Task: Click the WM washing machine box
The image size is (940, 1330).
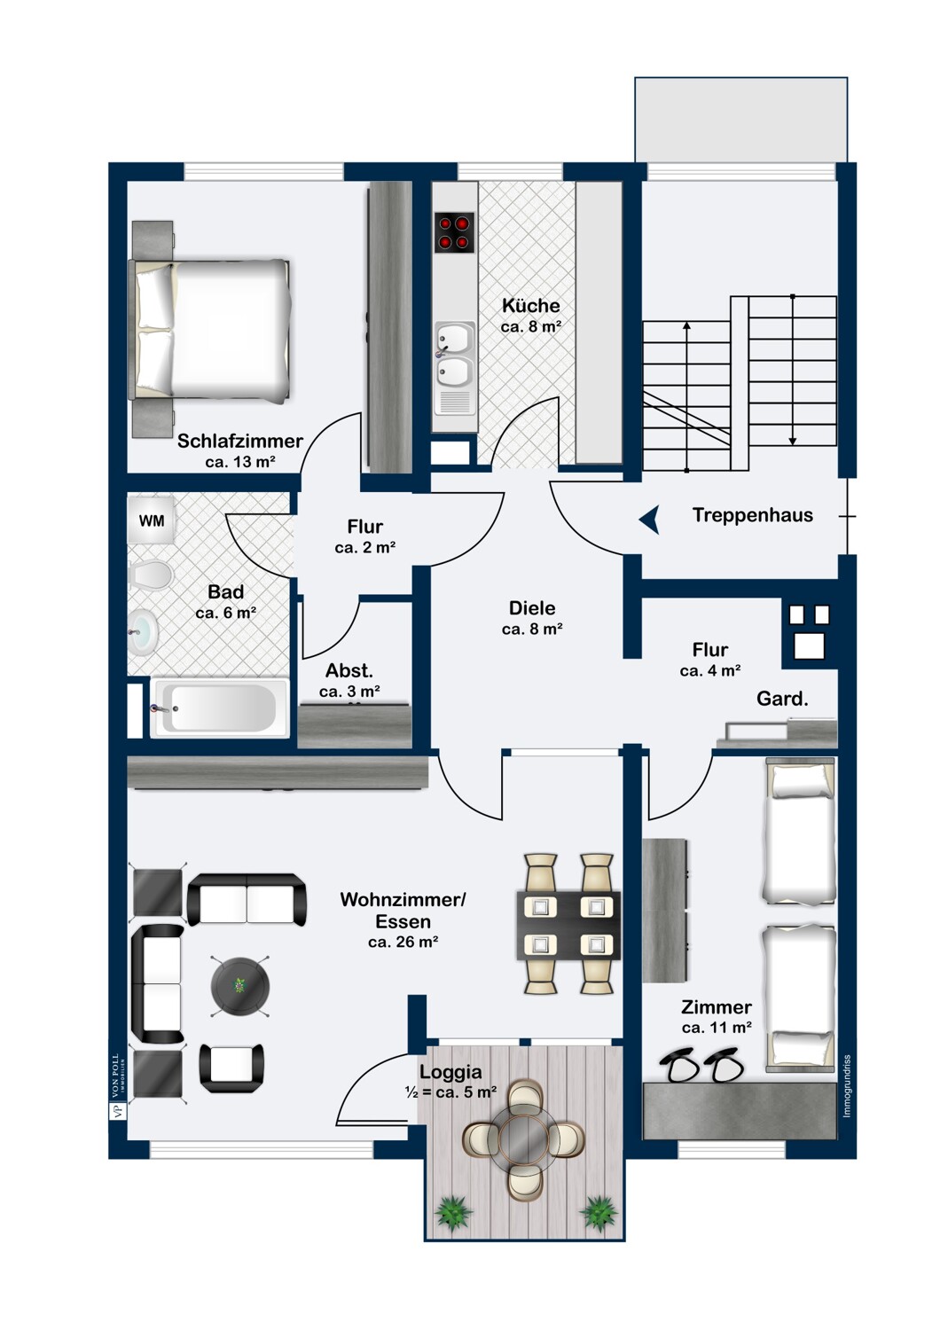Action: point(152,520)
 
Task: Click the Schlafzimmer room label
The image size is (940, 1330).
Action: point(239,441)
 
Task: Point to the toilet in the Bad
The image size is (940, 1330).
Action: point(151,575)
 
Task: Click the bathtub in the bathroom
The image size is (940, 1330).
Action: point(220,708)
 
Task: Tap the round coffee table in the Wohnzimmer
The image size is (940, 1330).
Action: point(240,985)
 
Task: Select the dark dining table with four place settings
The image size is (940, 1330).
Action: point(568,925)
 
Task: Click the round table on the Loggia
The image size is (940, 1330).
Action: point(523,1138)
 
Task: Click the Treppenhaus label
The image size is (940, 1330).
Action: point(752,515)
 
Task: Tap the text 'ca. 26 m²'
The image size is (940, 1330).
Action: point(403,942)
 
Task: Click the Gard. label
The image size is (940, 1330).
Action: point(782,699)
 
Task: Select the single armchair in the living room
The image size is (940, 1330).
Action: point(231,1068)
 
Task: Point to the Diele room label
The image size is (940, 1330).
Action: point(532,608)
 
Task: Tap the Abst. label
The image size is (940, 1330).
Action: point(349,670)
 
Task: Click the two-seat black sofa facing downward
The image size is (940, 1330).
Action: point(247,899)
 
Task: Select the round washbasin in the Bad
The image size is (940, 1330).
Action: point(143,632)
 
